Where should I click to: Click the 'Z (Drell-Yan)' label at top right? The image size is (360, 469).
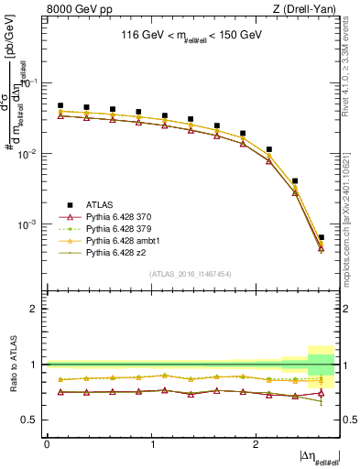coord(309,9)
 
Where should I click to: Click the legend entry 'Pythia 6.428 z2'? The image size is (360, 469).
coord(116,251)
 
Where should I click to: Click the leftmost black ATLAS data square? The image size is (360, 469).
coord(60,105)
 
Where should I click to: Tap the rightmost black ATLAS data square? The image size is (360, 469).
coord(321,237)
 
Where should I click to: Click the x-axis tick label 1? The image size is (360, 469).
coord(151,444)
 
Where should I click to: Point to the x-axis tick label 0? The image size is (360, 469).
coord(47,444)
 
